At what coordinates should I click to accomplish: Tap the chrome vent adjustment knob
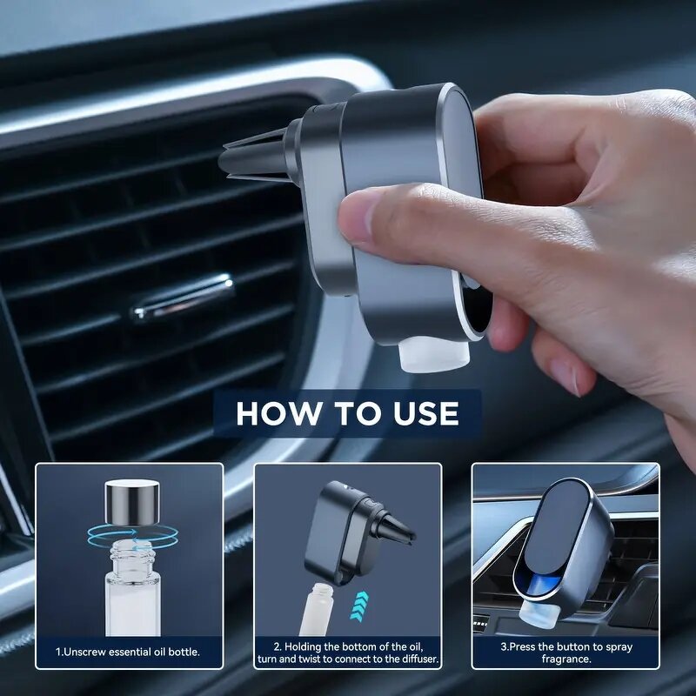tap(184, 297)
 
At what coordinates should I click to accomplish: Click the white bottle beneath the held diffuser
tap(435, 354)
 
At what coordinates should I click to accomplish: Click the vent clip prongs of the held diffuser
tap(252, 157)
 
